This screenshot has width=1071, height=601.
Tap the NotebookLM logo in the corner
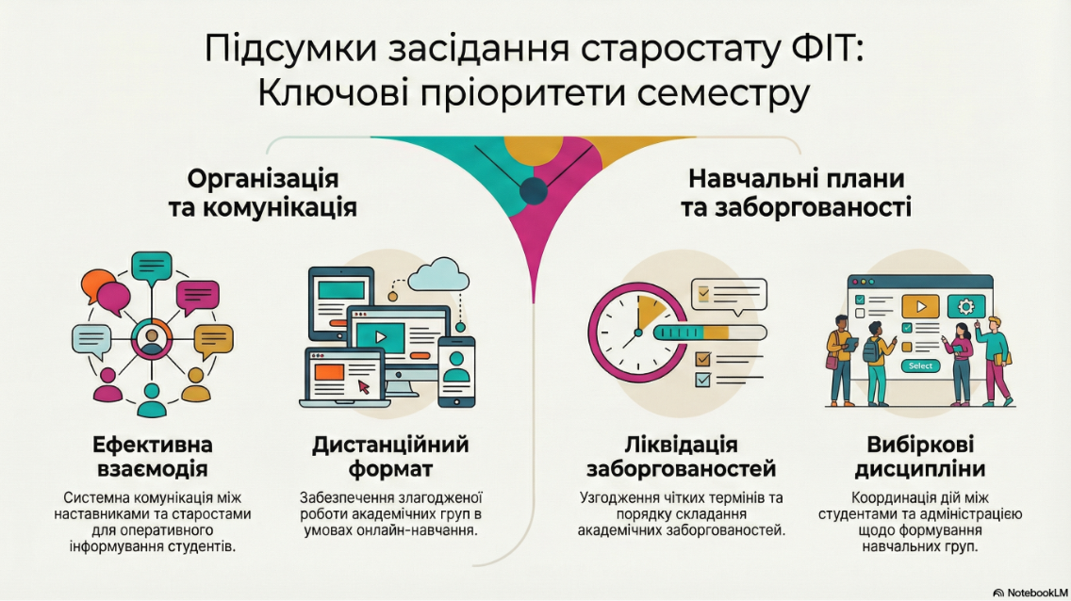pyautogui.click(x=1030, y=593)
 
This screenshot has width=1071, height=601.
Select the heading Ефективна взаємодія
pyautogui.click(x=153, y=457)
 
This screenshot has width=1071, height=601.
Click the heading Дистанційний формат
pyautogui.click(x=390, y=457)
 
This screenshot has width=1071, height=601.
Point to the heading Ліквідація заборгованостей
pyautogui.click(x=681, y=457)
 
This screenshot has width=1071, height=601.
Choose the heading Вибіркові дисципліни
pyautogui.click(x=920, y=457)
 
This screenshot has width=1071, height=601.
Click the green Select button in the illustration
pyautogui.click(x=920, y=366)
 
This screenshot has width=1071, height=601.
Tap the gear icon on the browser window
pyautogui.click(x=965, y=306)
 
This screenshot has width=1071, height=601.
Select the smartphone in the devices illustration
pyautogui.click(x=456, y=372)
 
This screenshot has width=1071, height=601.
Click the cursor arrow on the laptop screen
pyautogui.click(x=363, y=387)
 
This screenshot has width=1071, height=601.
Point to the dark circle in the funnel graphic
pyautogui.click(x=534, y=191)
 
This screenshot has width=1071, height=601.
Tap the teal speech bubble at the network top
pyautogui.click(x=152, y=268)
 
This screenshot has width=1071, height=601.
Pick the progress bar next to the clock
pyautogui.click(x=710, y=333)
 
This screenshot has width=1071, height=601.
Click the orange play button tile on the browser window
pyautogui.click(x=920, y=306)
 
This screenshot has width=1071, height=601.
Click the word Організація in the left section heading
pyautogui.click(x=263, y=179)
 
